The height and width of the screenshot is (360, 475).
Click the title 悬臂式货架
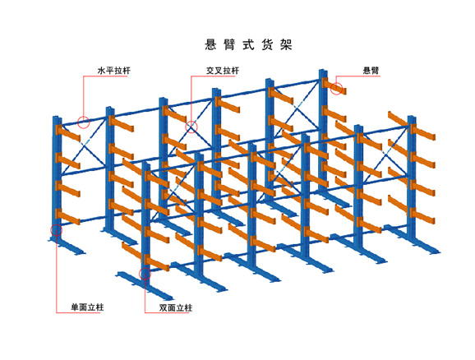248,44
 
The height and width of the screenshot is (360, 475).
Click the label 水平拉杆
114,71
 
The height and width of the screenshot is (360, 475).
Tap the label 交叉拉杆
223,71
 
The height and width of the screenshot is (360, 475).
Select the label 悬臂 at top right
371,71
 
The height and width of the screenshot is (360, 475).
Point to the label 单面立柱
87,307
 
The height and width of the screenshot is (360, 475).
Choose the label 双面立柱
176,308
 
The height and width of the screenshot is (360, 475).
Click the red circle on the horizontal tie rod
83,122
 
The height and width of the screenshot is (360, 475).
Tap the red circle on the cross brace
191,127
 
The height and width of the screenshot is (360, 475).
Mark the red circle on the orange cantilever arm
337,88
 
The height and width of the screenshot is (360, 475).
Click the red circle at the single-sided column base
57,230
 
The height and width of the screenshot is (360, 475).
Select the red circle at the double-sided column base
145,274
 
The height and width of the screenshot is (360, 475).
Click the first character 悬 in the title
210,44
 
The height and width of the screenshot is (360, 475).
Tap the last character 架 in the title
286,44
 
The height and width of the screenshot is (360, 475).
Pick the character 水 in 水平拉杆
101,71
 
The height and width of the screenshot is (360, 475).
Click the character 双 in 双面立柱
164,308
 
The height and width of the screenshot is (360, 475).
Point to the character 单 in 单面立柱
75,307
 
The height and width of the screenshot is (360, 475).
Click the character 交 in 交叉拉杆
210,71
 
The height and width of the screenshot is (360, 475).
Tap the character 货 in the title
267,44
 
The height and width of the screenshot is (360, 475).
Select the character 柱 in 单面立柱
99,307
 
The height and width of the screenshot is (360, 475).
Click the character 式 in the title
248,44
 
